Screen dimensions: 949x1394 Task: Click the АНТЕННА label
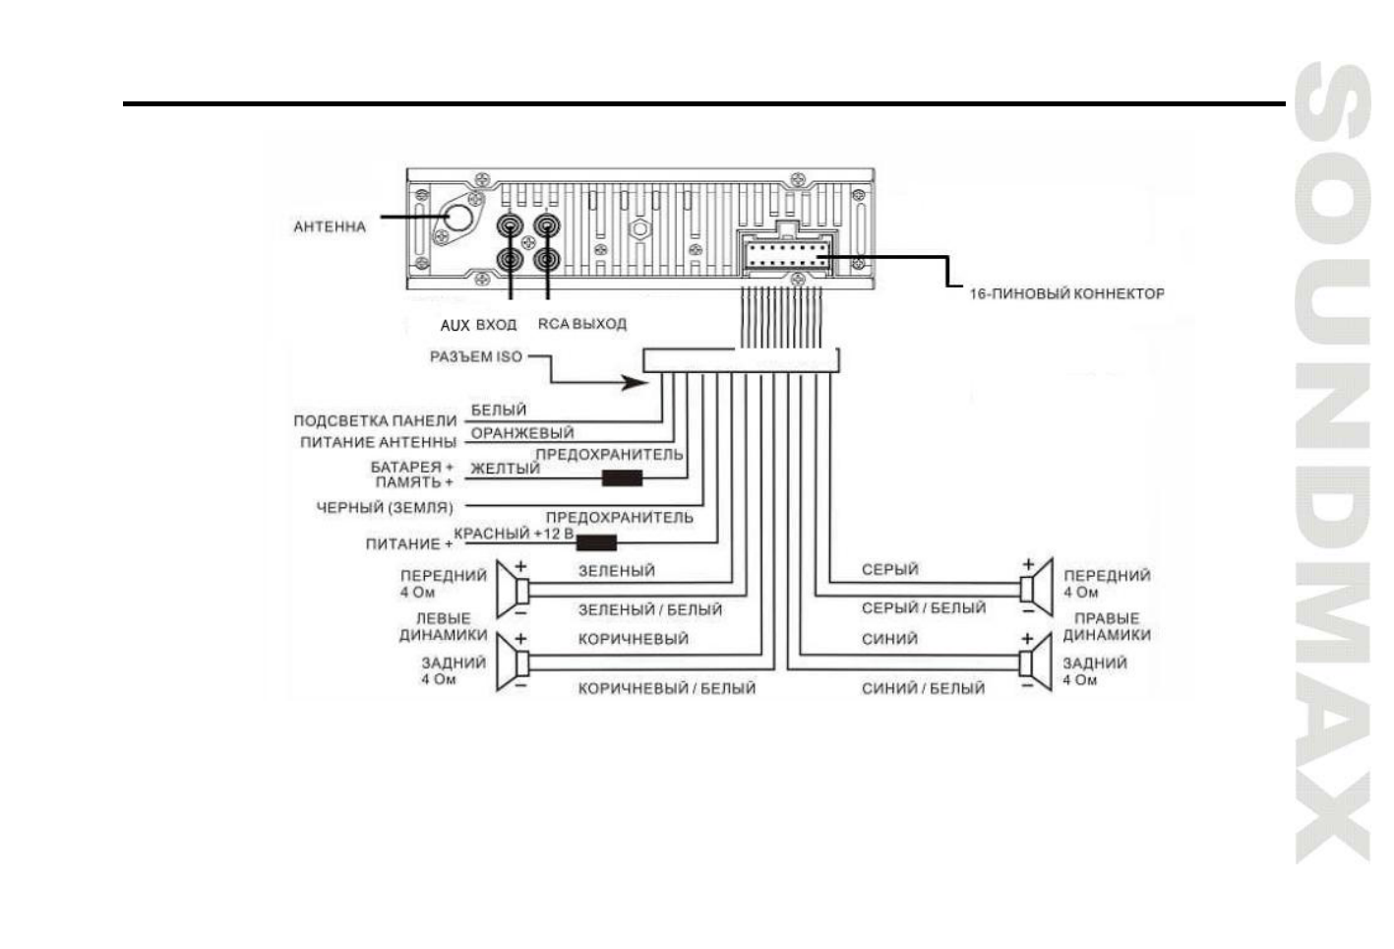tap(329, 226)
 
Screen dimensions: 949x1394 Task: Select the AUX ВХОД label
tap(478, 325)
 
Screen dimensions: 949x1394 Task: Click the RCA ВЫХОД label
tap(581, 324)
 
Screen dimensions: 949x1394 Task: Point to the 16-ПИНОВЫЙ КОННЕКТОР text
tap(1066, 293)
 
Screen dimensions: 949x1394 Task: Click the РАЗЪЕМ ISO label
tap(476, 356)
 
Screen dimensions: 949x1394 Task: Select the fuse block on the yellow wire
tap(622, 478)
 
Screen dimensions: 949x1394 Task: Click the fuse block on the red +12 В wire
tap(596, 541)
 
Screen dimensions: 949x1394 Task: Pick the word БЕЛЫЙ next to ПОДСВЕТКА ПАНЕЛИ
tap(499, 410)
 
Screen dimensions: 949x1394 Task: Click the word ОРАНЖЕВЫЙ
tap(521, 432)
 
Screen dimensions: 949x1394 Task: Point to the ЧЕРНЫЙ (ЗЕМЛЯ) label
tap(385, 508)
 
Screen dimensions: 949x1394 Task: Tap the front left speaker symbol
tap(513, 590)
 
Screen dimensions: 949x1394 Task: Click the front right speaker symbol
tap(1036, 588)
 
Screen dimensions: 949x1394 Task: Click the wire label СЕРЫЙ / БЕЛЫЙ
tap(923, 608)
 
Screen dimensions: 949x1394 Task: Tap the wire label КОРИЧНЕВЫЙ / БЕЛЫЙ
tap(666, 688)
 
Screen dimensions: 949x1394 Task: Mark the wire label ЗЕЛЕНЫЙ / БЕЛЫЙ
tap(649, 610)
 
